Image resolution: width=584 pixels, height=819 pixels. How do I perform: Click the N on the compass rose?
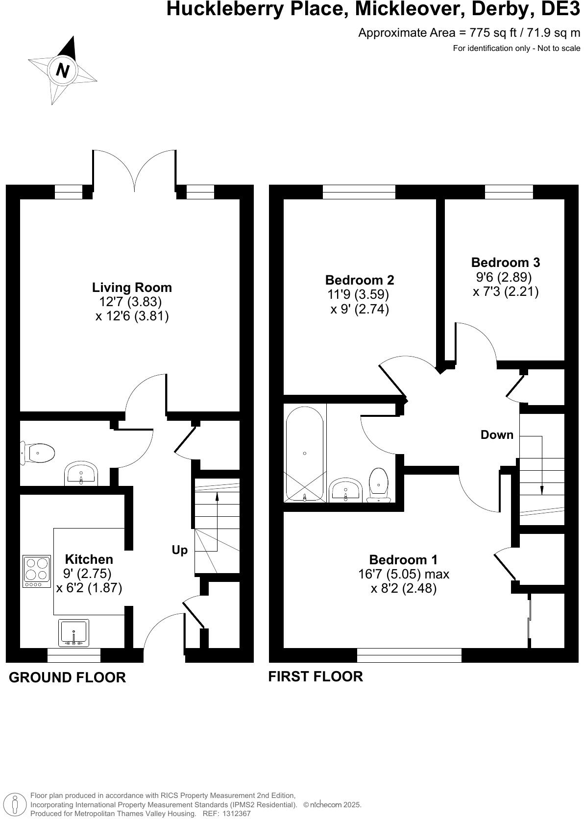[63, 71]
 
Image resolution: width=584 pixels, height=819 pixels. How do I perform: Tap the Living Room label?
[132, 287]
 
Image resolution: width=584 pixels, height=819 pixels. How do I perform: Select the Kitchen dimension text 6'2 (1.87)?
[89, 587]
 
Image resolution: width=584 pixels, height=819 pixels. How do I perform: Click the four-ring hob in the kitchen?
[37, 571]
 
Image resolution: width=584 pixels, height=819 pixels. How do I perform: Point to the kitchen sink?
[73, 633]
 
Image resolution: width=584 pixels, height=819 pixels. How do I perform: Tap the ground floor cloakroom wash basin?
[81, 474]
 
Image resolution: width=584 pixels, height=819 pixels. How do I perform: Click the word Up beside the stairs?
[179, 550]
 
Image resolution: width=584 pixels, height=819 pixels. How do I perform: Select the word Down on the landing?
[497, 434]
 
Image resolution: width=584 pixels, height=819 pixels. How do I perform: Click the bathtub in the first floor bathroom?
[305, 454]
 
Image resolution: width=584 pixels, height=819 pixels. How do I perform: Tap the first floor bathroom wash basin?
[346, 490]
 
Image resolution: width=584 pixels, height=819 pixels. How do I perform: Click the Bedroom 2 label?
[359, 280]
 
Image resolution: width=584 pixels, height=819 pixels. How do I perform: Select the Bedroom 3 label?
[505, 262]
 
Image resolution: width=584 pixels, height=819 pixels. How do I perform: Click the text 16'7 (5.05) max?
[403, 574]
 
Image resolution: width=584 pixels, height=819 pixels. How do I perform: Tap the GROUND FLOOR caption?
[68, 677]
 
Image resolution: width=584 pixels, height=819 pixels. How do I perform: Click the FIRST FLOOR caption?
[316, 676]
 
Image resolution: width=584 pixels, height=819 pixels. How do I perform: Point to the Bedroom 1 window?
[409, 655]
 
